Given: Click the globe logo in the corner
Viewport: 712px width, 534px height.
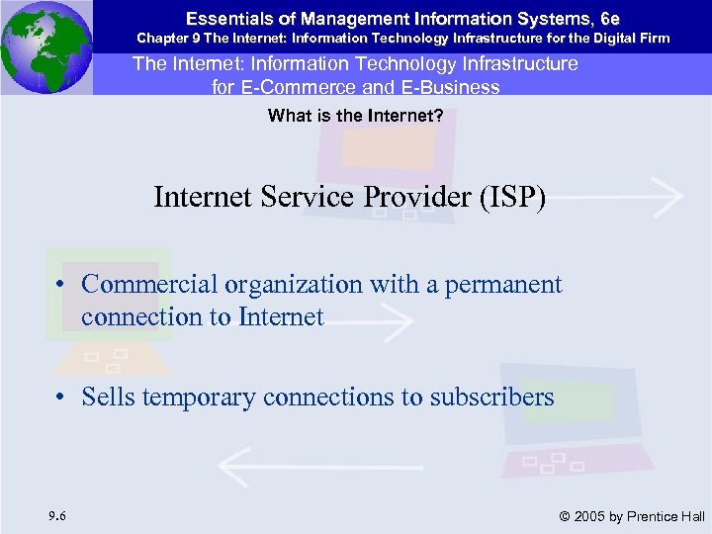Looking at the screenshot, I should [x=46, y=46].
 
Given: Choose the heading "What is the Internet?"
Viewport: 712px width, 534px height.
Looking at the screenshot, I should [x=355, y=116].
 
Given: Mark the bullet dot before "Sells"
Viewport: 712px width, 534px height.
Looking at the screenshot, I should [x=61, y=399].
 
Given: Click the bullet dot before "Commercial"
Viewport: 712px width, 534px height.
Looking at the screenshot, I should [x=61, y=286].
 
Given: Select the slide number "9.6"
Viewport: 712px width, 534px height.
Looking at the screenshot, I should [x=56, y=514].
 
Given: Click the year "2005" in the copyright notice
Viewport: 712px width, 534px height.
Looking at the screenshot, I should [x=590, y=516].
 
